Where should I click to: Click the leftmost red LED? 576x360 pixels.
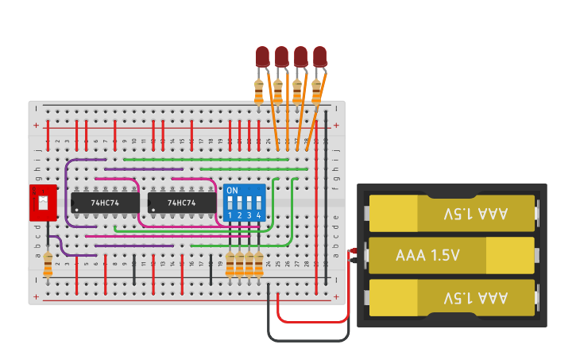click(262, 56)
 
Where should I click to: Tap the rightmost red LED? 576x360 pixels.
click(319, 56)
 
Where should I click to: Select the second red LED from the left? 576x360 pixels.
click(281, 56)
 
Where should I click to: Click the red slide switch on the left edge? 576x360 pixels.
click(43, 203)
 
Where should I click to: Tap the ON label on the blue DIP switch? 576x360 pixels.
click(232, 191)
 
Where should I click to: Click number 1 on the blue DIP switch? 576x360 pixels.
click(230, 215)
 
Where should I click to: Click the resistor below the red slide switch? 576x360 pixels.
click(48, 265)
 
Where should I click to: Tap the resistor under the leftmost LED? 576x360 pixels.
click(259, 91)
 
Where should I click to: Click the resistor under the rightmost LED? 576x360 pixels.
click(316, 91)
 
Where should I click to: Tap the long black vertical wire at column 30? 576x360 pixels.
click(326, 199)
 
